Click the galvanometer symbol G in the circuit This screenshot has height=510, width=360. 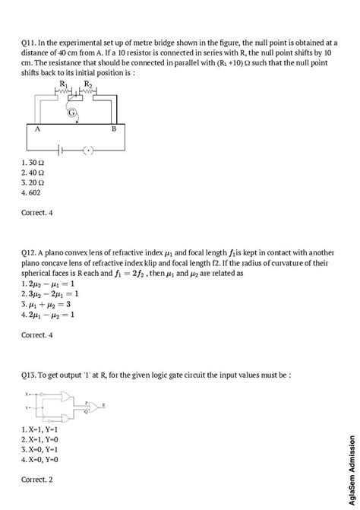pos(72,113)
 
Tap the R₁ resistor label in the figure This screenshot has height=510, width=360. pos(64,84)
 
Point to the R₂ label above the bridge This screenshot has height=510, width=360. pos(88,84)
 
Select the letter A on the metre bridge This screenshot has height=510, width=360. pos(36,130)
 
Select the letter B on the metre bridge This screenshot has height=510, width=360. pos(113,130)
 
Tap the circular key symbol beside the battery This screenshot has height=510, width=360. pos(89,150)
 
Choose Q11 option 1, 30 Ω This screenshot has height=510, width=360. pos(33,163)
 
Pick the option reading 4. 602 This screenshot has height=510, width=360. pos(34,192)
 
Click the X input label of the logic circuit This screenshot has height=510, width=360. pos(26,394)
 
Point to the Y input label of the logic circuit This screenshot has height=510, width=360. pos(26,408)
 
